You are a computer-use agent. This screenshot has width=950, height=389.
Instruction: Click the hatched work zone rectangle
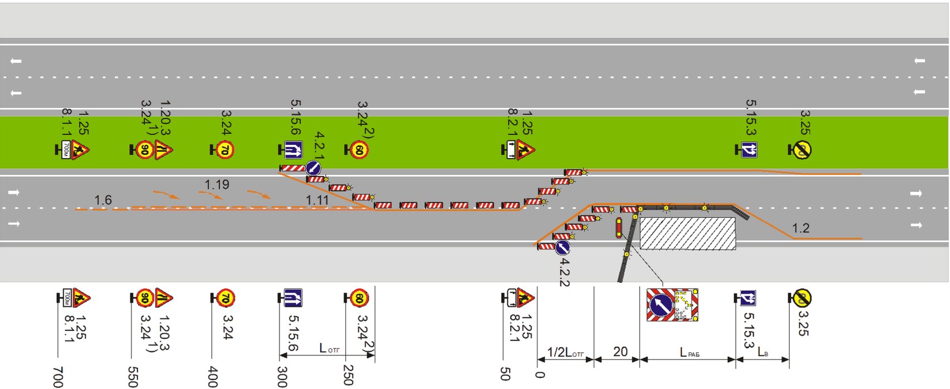point(688,234)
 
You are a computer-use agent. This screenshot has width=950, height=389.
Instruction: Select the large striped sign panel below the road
point(672,305)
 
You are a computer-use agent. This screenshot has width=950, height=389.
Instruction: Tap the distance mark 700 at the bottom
point(58,377)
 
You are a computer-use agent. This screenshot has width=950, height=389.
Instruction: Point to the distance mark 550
point(133,377)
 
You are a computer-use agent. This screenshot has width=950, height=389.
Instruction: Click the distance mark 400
point(212,377)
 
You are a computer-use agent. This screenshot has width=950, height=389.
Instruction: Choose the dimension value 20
point(620,352)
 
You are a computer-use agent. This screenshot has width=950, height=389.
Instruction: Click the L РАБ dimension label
point(689,352)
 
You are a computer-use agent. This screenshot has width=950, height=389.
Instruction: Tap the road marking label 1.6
point(103,200)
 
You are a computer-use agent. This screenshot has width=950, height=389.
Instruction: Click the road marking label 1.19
point(217,184)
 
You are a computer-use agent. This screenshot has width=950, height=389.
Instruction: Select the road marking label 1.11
point(317,200)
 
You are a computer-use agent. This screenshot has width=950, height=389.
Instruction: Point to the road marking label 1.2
point(800,228)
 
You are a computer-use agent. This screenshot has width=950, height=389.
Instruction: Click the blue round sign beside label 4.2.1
point(313,168)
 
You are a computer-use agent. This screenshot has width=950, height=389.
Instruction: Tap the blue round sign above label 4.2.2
point(562,247)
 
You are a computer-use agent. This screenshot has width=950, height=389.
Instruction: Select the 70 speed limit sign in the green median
point(224,150)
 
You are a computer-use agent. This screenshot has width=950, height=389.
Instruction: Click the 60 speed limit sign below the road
point(359,298)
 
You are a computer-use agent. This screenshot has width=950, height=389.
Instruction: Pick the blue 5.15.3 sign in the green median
point(749,149)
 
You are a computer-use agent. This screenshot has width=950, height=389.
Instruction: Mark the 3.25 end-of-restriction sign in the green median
point(802,149)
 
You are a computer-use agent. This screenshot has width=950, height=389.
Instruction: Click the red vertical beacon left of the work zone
point(618,228)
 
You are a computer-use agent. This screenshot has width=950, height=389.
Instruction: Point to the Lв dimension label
point(762,352)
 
